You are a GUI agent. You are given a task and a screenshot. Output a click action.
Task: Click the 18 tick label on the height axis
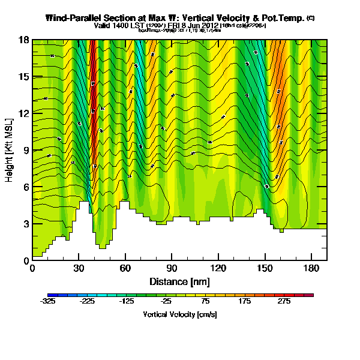pyautogui.click(x=23, y=40)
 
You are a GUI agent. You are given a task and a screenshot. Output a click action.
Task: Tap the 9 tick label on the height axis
pyautogui.click(x=25, y=150)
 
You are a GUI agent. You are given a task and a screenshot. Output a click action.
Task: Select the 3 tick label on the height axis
pyautogui.click(x=25, y=224)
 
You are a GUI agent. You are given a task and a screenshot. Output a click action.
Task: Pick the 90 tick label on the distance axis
pyautogui.click(x=172, y=269)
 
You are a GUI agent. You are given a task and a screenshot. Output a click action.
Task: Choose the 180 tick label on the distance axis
pyautogui.click(x=311, y=269)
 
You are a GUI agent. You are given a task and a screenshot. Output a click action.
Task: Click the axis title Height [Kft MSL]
pyautogui.click(x=10, y=150)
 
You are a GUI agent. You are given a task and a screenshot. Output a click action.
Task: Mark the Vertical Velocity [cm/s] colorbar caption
pyautogui.click(x=180, y=314)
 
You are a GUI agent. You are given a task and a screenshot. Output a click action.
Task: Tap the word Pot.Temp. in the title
pyautogui.click(x=281, y=19)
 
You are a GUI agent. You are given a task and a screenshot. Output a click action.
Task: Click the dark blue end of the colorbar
pyautogui.click(x=52, y=295)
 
